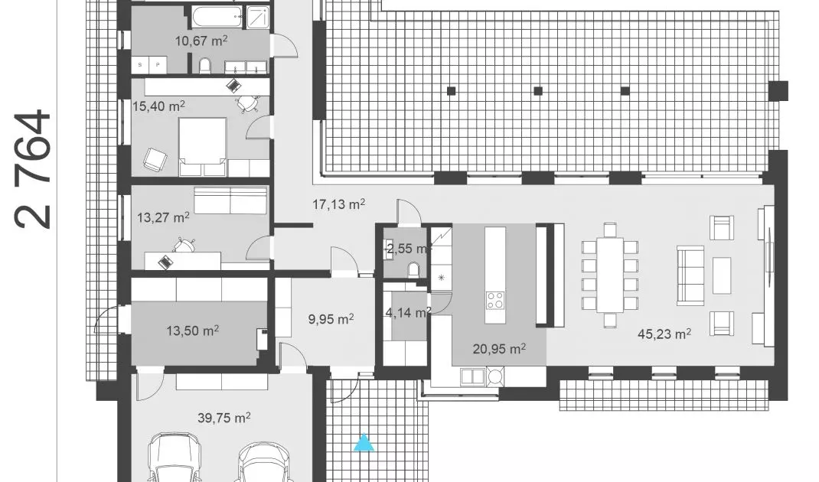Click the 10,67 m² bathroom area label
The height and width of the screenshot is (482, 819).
click(201, 41)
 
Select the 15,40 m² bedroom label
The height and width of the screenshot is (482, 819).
click(158, 106)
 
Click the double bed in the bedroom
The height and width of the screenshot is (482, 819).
click(203, 147)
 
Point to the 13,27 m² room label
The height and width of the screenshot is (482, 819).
click(163, 217)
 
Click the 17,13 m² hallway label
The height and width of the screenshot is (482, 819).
click(338, 204)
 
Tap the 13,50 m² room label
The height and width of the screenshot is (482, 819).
click(192, 331)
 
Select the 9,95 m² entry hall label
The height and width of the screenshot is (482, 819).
click(331, 318)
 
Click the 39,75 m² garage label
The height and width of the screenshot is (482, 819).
click(224, 418)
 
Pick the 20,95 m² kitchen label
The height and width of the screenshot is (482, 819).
click(499, 348)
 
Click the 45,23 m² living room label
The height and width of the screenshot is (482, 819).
click(664, 334)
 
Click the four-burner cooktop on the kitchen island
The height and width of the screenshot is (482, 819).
click(495, 300)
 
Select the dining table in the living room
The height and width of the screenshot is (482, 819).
click(610, 275)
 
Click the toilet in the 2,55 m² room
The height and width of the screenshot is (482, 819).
click(413, 270)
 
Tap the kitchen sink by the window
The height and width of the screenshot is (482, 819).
click(473, 376)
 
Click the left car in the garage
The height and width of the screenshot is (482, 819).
click(174, 458)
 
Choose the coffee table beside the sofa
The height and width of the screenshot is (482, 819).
click(722, 275)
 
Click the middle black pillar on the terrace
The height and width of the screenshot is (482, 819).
click(538, 91)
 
